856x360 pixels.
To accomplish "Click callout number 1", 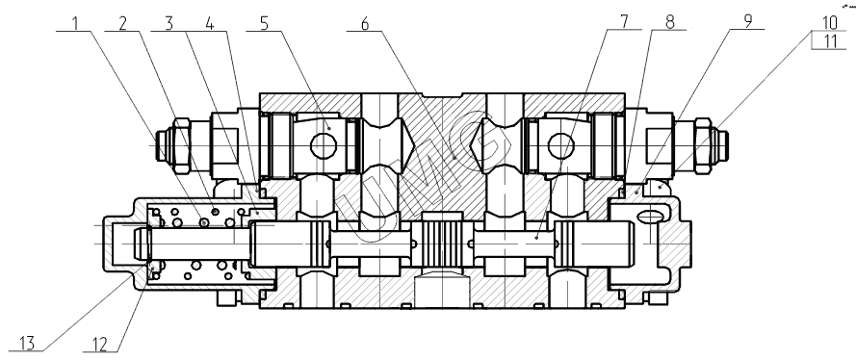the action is click(x=76, y=23).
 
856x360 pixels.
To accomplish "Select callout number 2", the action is click(x=123, y=23).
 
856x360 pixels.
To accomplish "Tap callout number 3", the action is click(x=169, y=23).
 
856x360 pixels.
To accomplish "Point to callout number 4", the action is click(x=210, y=23).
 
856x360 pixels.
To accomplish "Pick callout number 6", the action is click(x=365, y=23).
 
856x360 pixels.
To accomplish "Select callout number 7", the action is click(x=624, y=21).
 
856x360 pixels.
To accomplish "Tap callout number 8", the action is click(x=670, y=22).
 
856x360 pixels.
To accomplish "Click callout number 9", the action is click(x=748, y=21).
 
